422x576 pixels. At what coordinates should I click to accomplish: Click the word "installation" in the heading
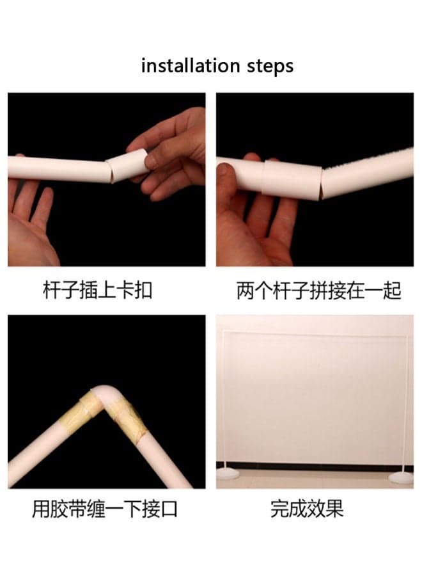pyautogui.click(x=191, y=66)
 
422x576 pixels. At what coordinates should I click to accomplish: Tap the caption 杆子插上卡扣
pyautogui.click(x=98, y=290)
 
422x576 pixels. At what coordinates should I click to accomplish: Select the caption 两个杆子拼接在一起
pyautogui.click(x=319, y=291)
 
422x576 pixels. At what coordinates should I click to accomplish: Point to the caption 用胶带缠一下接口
pyautogui.click(x=105, y=509)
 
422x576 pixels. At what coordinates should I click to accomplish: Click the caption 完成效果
pyautogui.click(x=307, y=509)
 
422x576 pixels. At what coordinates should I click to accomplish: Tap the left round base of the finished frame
pyautogui.click(x=228, y=474)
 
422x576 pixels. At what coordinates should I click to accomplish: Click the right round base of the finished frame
pyautogui.click(x=401, y=478)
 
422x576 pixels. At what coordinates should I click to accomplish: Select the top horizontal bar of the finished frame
pyautogui.click(x=315, y=334)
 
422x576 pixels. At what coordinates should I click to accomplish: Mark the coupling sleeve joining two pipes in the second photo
pyautogui.click(x=292, y=180)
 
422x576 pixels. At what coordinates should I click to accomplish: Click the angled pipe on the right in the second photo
pyautogui.click(x=367, y=173)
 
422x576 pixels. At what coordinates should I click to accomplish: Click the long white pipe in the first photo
pyautogui.click(x=58, y=168)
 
